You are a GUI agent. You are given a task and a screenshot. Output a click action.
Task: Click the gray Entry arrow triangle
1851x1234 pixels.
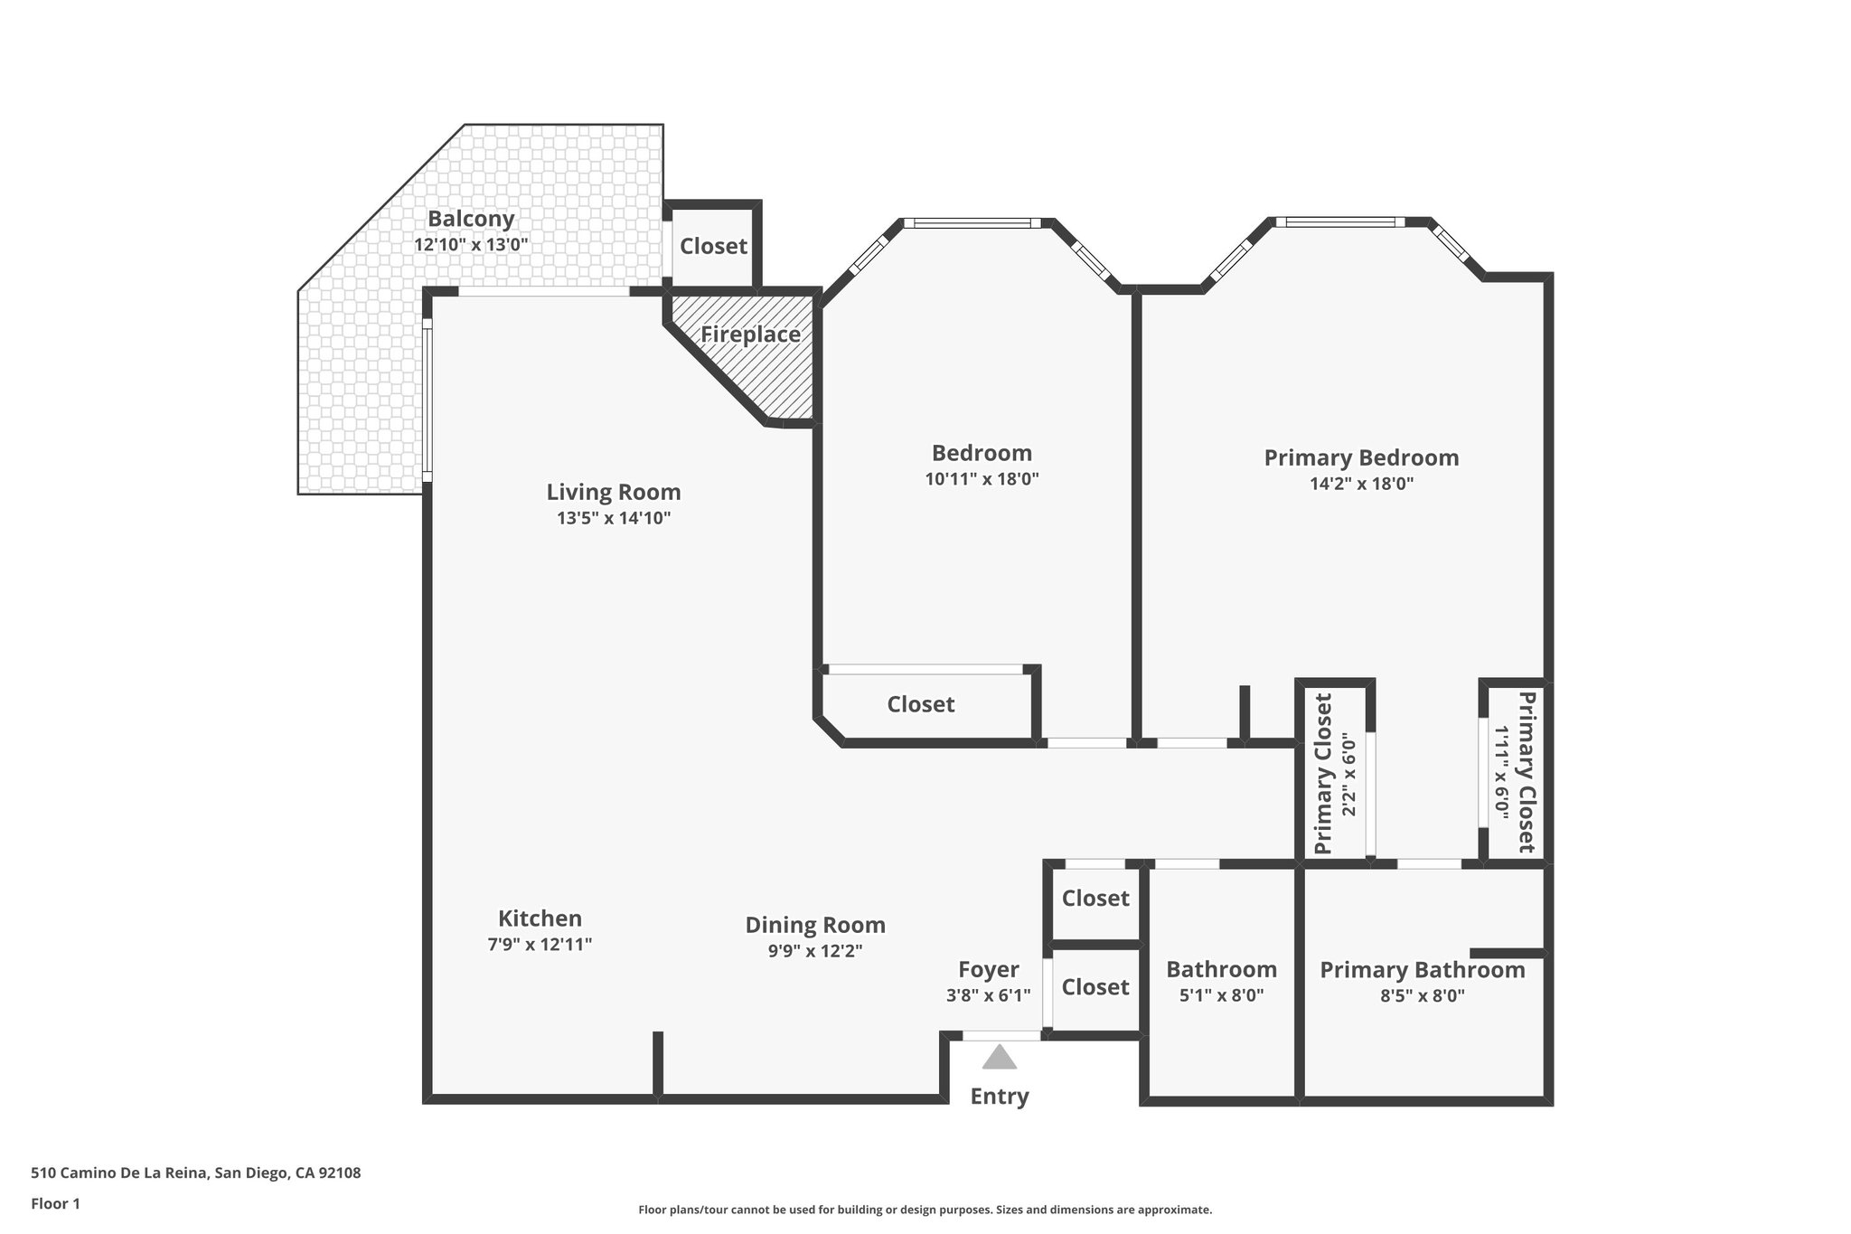click(999, 1058)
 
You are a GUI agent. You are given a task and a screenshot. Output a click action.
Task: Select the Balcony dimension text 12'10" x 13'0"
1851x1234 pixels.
click(471, 244)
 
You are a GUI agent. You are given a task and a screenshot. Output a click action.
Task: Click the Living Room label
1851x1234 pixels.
click(613, 492)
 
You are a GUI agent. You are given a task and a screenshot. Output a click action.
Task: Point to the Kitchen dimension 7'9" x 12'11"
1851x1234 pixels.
click(540, 945)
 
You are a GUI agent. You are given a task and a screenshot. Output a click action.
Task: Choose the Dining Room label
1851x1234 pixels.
click(814, 925)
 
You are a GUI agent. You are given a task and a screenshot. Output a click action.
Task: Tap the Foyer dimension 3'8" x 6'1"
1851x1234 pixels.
click(988, 995)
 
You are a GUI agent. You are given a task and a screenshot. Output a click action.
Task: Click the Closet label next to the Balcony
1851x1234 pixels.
click(713, 246)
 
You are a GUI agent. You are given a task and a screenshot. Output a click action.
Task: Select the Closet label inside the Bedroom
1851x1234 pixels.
click(920, 704)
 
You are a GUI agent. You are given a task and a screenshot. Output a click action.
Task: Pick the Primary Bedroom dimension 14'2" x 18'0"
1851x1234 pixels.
click(1361, 484)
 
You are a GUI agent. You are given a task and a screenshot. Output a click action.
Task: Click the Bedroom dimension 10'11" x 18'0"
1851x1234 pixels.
click(982, 479)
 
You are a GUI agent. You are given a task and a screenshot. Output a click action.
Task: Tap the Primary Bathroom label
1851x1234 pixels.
click(1422, 970)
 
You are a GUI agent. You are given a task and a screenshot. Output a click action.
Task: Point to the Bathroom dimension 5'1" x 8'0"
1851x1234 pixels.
click(1221, 995)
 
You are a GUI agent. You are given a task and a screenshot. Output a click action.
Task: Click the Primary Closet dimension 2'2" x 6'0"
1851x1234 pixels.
click(1350, 775)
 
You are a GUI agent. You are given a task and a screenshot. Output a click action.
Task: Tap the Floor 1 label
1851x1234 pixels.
click(55, 1203)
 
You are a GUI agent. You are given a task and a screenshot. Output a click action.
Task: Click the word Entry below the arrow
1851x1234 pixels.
click(999, 1097)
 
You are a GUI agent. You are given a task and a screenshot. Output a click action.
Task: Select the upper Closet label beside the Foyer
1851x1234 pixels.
click(1095, 899)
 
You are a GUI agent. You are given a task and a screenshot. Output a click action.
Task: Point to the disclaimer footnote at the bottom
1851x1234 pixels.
click(925, 1210)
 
